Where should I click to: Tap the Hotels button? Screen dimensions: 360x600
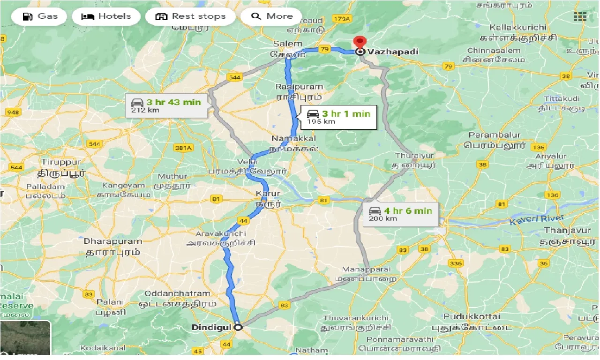coord(106,16)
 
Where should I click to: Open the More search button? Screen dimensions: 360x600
coord(271,16)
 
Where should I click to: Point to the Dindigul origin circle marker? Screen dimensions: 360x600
coord(238,327)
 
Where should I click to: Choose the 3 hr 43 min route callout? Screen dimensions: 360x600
coord(166,105)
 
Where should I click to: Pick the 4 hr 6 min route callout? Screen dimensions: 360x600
coord(400,214)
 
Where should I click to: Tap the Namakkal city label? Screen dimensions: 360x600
coord(293,139)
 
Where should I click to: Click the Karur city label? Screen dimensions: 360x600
coord(268,194)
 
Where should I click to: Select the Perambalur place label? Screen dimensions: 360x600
coord(495,135)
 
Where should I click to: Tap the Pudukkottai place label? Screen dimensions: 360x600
coord(472,316)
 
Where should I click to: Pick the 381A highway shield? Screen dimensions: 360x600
coord(184,148)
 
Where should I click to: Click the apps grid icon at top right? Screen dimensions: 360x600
coord(580,16)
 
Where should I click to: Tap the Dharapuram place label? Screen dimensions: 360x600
coord(112,241)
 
